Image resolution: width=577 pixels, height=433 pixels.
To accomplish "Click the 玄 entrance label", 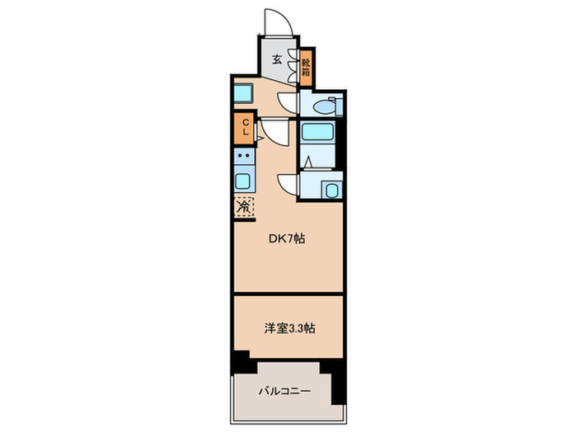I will click(x=277, y=60).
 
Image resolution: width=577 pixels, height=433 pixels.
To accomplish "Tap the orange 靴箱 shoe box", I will click(x=306, y=64).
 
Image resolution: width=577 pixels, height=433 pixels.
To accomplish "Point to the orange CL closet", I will click(x=245, y=128).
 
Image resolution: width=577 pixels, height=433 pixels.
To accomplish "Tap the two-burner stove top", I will click(x=244, y=156).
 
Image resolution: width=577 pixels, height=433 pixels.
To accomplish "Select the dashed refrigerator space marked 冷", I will click(x=245, y=207).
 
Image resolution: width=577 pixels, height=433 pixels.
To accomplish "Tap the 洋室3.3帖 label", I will click(x=288, y=327).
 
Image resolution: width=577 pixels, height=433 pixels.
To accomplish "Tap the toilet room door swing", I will click(x=287, y=102).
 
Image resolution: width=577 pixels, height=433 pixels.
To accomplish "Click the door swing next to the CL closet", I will click(x=273, y=131).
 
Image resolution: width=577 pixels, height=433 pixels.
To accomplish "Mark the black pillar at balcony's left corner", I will click(x=240, y=360).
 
